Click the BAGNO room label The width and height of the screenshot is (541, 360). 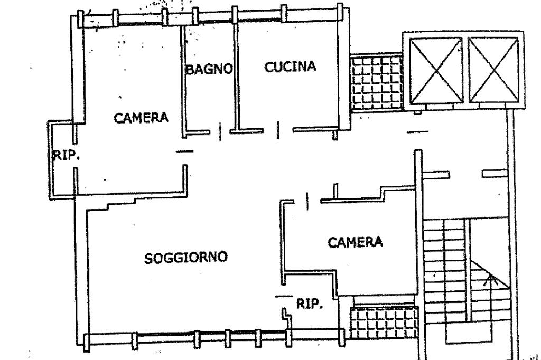pos(209,69)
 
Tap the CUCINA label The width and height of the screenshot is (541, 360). pos(290,67)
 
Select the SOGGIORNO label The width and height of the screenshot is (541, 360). pos(186,258)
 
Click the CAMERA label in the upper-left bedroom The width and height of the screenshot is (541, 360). pos(141,118)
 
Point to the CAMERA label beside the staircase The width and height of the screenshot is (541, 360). pos(355,242)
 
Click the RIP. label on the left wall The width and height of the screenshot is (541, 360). pos(66,156)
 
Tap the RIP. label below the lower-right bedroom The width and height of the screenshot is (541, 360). pos(310,304)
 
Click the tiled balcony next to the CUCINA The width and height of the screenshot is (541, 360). pos(377,82)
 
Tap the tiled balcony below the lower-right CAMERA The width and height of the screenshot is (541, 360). pos(384,321)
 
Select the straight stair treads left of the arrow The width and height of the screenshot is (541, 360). pos(444,264)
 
